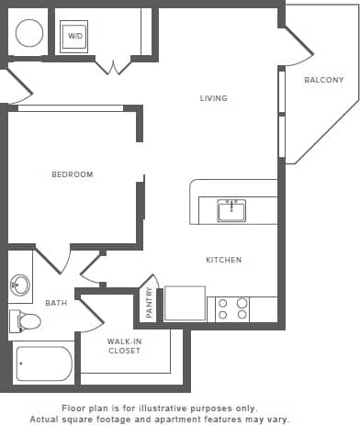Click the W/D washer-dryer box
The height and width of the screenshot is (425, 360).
pos(74,37)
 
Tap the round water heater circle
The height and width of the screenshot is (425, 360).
pos(29,34)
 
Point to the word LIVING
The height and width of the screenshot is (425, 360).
pos(214,98)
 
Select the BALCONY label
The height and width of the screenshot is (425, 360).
pos(324,80)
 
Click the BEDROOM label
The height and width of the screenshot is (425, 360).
pos(72,174)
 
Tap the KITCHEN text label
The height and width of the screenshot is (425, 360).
pos(223,260)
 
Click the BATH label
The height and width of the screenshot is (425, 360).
pos(55,303)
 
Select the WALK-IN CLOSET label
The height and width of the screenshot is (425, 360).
pos(125,345)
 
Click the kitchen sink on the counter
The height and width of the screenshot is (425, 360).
pos(231,210)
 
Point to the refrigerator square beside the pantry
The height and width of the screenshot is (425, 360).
pos(185,303)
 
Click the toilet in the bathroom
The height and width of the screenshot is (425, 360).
pos(27,321)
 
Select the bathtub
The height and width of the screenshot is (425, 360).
pos(42,363)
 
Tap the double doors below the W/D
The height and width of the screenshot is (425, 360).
pos(113,66)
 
